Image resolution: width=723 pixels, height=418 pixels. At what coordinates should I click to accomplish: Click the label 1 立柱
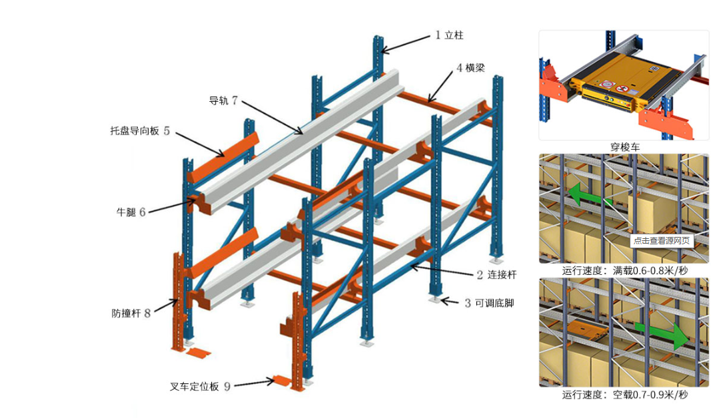pyautogui.click(x=448, y=35)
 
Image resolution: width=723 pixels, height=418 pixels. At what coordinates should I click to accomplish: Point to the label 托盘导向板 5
pyautogui.click(x=140, y=131)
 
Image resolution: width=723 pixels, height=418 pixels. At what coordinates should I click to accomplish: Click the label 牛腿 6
pyautogui.click(x=131, y=212)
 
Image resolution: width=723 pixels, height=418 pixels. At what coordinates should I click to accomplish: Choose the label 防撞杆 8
pyautogui.click(x=131, y=312)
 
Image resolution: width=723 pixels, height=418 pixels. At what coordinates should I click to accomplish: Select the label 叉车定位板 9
pyautogui.click(x=200, y=386)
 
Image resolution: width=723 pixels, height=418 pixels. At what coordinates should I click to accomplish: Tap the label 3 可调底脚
pyautogui.click(x=489, y=303)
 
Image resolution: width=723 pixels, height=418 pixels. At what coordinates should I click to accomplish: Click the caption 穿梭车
pyautogui.click(x=624, y=147)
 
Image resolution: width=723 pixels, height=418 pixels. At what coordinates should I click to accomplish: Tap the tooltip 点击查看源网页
pyautogui.click(x=662, y=241)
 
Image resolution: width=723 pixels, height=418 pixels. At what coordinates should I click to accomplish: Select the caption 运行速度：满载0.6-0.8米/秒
pyautogui.click(x=624, y=271)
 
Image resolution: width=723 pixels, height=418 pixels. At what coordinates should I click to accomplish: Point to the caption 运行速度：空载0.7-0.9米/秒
pyautogui.click(x=624, y=395)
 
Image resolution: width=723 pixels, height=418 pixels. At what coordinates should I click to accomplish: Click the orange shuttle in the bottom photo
pyautogui.click(x=586, y=331)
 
